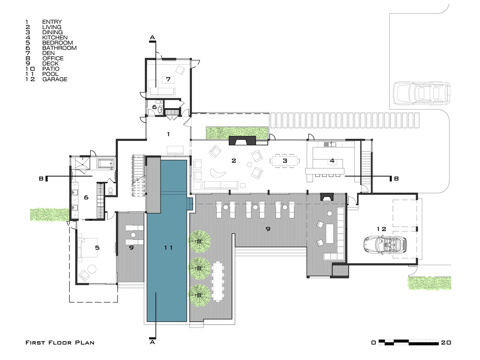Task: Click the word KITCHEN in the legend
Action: [55, 37]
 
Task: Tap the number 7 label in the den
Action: [168, 79]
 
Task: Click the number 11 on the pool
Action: [168, 247]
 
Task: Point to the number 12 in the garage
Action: [381, 229]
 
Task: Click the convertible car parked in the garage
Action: [385, 244]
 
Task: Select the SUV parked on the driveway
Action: [421, 93]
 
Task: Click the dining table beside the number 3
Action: [285, 161]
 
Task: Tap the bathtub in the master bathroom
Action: [106, 164]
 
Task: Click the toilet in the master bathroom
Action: [111, 191]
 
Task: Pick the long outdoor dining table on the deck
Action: [218, 281]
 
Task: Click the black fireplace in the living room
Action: [242, 141]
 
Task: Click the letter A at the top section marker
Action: [152, 37]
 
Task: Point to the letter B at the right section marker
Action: [396, 179]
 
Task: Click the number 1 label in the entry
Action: [168, 134]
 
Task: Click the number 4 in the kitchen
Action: [332, 160]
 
